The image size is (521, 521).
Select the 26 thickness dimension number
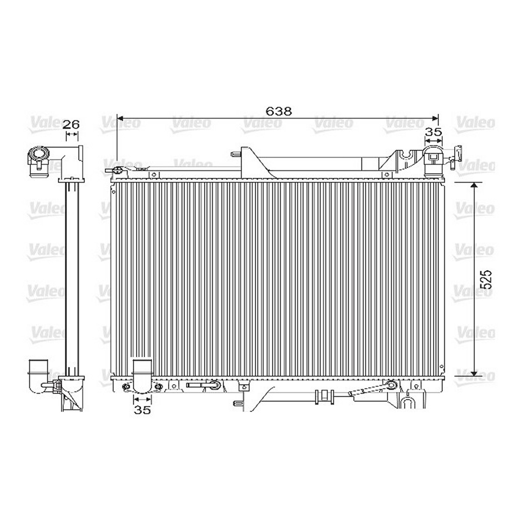pos(72,125)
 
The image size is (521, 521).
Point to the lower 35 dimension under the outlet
pos(142,410)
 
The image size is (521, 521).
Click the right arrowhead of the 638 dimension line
pos(435,119)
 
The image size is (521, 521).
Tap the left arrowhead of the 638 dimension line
pos(120,119)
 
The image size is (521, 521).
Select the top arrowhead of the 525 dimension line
pos(474,185)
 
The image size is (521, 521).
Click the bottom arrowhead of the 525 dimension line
pos(474,373)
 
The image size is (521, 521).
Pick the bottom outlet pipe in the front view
pos(142,376)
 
